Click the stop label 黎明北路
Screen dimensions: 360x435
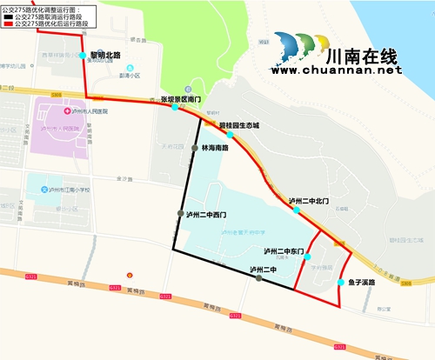coord(105,54)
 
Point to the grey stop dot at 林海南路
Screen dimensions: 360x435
coord(194,149)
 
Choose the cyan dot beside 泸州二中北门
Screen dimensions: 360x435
coord(297,210)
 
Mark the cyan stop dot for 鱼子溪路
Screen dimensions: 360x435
coord(340,282)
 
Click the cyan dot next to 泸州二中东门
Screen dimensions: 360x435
coord(307,257)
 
